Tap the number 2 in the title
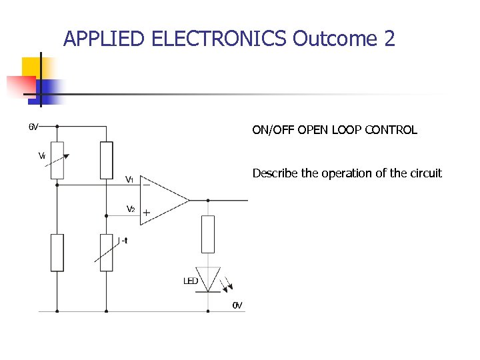(390, 39)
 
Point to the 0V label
(237, 305)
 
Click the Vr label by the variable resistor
(41, 156)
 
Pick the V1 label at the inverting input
(131, 179)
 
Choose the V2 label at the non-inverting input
(131, 209)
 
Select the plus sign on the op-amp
(146, 213)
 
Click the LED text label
(191, 281)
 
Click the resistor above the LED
(208, 234)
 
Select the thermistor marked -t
(106, 252)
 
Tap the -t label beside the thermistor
(124, 241)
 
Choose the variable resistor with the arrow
(57, 160)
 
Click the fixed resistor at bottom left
(57, 252)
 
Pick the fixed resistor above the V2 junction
(106, 160)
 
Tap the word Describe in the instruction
(275, 173)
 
